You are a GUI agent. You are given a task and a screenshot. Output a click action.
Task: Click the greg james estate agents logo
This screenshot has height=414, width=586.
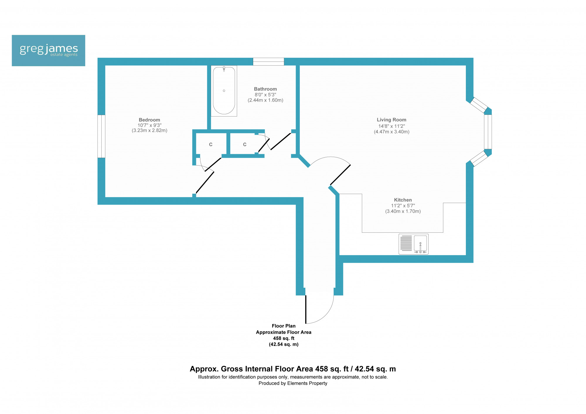click(48, 50)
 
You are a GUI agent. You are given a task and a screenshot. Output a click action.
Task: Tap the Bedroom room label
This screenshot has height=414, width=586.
click(149, 120)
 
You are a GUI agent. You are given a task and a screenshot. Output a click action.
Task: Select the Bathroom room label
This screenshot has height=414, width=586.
click(265, 89)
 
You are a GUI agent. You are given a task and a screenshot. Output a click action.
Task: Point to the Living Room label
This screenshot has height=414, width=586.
click(391, 120)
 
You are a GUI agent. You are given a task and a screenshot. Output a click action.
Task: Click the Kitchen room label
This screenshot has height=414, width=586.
click(403, 200)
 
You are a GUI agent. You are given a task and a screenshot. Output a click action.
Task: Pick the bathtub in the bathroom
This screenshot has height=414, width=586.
click(224, 91)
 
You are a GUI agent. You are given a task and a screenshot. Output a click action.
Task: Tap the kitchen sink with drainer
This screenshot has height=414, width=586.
click(413, 244)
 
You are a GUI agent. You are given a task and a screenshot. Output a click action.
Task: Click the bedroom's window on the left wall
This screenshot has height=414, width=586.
click(101, 136)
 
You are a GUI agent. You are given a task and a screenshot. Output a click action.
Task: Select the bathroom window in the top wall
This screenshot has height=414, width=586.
click(268, 62)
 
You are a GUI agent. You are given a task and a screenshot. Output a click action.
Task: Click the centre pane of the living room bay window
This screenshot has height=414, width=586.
click(488, 132)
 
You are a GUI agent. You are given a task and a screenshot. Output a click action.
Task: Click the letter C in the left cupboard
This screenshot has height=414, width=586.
click(211, 144)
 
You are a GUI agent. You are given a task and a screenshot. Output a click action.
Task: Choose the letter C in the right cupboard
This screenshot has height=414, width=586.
click(245, 144)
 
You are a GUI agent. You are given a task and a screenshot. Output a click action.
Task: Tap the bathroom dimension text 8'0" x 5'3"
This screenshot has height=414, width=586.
click(265, 95)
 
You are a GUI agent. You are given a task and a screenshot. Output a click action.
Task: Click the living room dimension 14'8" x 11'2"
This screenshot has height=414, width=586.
click(391, 126)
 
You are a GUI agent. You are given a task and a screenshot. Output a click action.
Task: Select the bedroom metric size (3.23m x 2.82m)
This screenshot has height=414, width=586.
click(149, 130)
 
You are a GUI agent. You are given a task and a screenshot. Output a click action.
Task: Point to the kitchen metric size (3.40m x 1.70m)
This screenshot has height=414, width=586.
click(403, 211)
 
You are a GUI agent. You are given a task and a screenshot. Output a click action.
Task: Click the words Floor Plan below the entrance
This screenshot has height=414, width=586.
click(284, 326)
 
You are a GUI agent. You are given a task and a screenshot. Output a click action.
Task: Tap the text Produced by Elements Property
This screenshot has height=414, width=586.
click(293, 383)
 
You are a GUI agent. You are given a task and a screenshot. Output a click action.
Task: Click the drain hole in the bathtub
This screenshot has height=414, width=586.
click(224, 91)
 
